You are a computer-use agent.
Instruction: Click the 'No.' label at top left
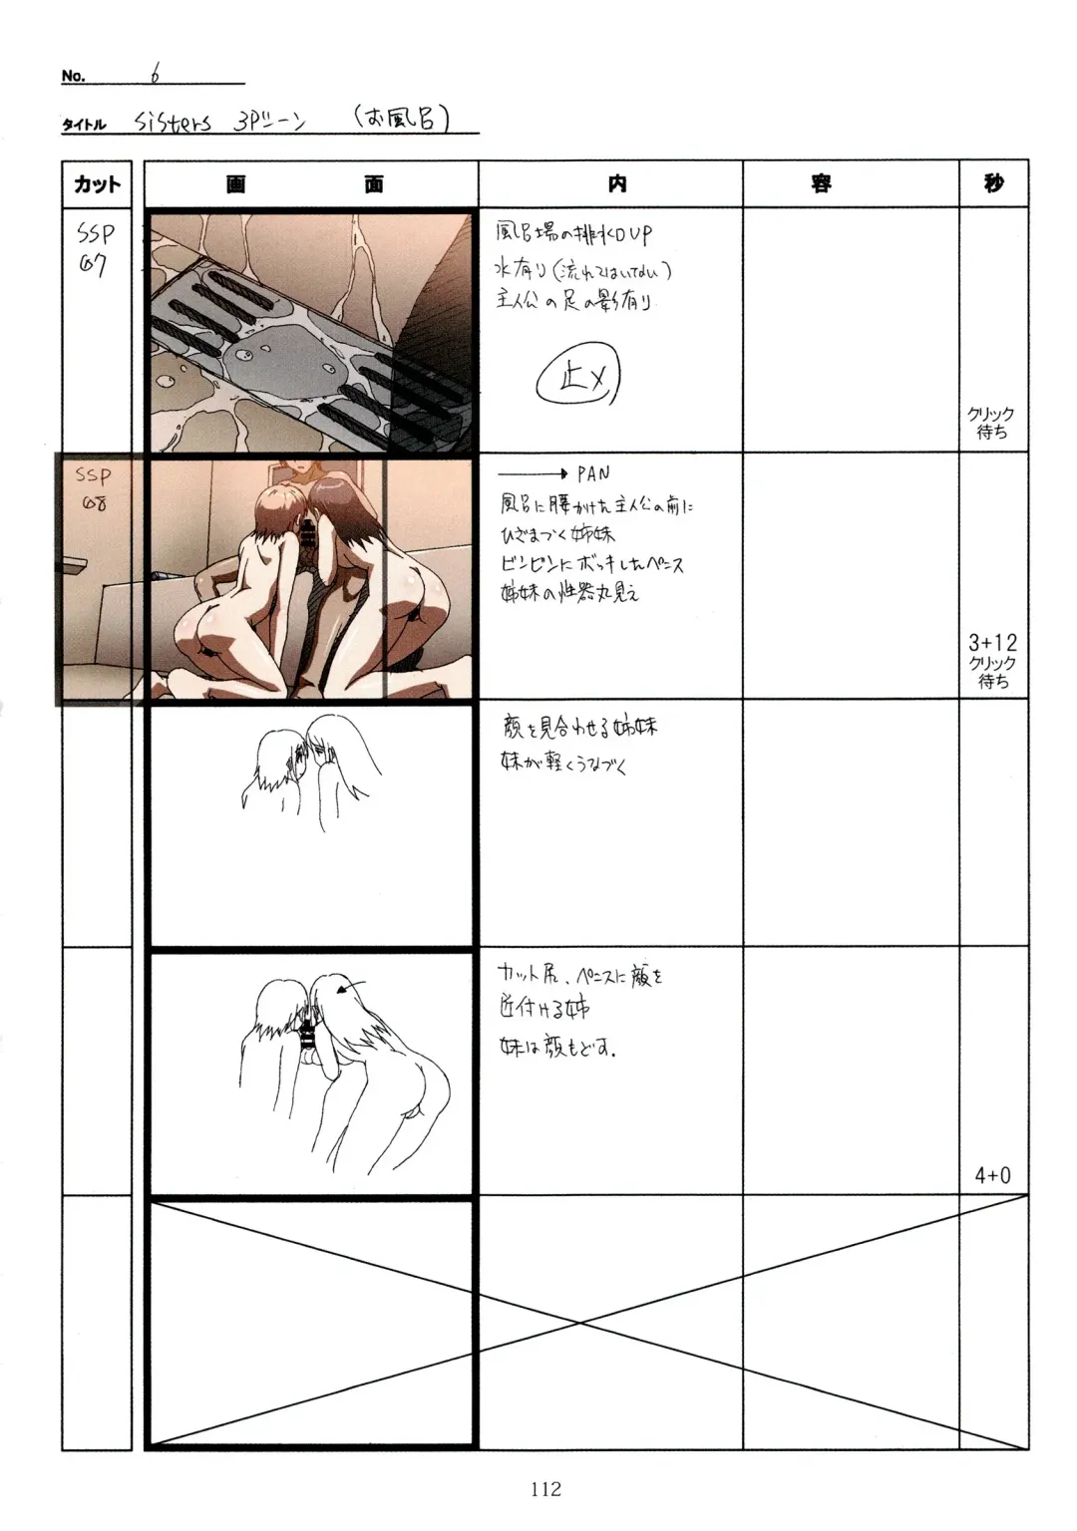click(x=73, y=76)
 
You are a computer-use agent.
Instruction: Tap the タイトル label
click(x=84, y=125)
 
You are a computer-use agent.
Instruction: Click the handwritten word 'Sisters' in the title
click(x=173, y=123)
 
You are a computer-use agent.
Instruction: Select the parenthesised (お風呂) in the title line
click(x=401, y=121)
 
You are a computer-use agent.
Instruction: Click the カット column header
click(x=97, y=184)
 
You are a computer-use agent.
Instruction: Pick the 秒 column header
click(x=993, y=183)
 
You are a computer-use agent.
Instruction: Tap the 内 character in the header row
click(x=617, y=183)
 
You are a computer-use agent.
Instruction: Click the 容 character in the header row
click(x=821, y=183)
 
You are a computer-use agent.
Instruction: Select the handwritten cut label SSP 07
click(x=95, y=249)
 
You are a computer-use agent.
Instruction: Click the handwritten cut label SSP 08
click(x=95, y=489)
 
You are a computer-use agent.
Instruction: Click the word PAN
click(x=592, y=473)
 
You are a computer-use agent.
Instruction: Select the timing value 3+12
click(x=992, y=643)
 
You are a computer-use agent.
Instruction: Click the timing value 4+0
click(x=992, y=1176)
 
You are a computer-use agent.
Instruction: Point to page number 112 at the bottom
click(x=545, y=1489)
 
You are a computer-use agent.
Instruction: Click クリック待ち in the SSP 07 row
click(x=991, y=424)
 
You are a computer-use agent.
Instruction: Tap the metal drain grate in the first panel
click(x=299, y=339)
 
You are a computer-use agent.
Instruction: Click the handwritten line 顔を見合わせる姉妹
click(x=578, y=729)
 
